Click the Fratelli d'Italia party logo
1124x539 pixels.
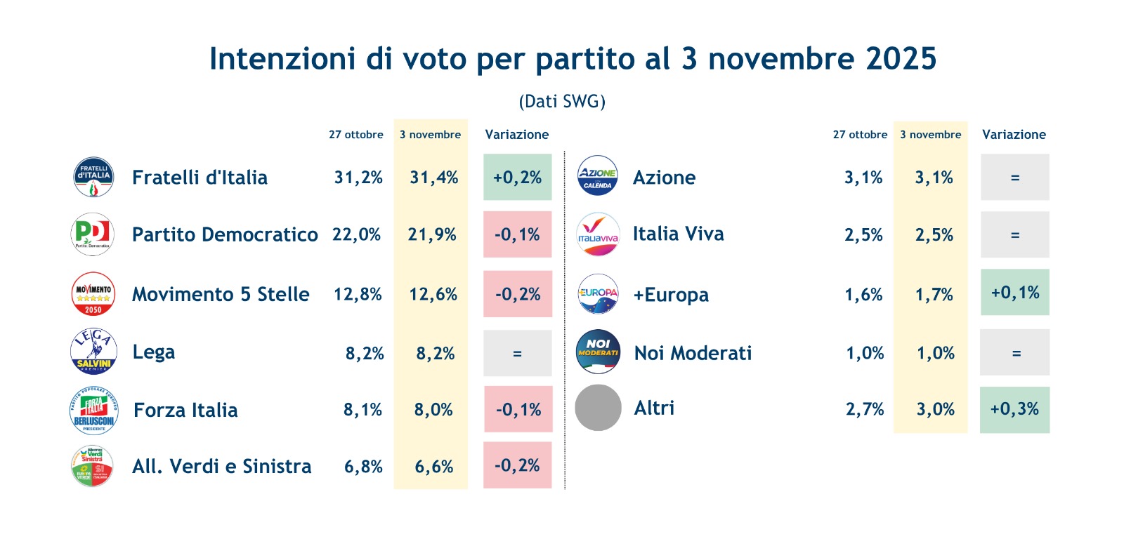pos(93,177)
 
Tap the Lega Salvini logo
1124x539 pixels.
pos(93,352)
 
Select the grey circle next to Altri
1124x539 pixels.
pos(598,408)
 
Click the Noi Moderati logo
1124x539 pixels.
pos(598,352)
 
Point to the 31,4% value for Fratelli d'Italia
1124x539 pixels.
pos(433,178)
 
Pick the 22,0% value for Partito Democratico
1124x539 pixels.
pos(357,234)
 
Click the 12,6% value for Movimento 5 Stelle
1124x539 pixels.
pos(433,294)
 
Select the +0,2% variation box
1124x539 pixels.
pos(517,178)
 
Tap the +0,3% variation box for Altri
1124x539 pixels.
pos(1014,409)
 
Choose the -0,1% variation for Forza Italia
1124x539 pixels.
pos(518,409)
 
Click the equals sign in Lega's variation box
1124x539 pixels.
pos(517,354)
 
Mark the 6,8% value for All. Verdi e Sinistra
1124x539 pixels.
pos(363,467)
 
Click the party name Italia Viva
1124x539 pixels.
pos(678,234)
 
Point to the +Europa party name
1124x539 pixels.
pos(671,295)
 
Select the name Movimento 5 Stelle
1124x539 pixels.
pos(221,294)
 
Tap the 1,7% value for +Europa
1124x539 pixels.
pos(934,295)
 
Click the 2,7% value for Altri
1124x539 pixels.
pos(865,409)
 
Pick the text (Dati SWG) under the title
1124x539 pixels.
pos(562,102)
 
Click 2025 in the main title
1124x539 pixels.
pos(901,59)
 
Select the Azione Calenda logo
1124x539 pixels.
pos(597,175)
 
